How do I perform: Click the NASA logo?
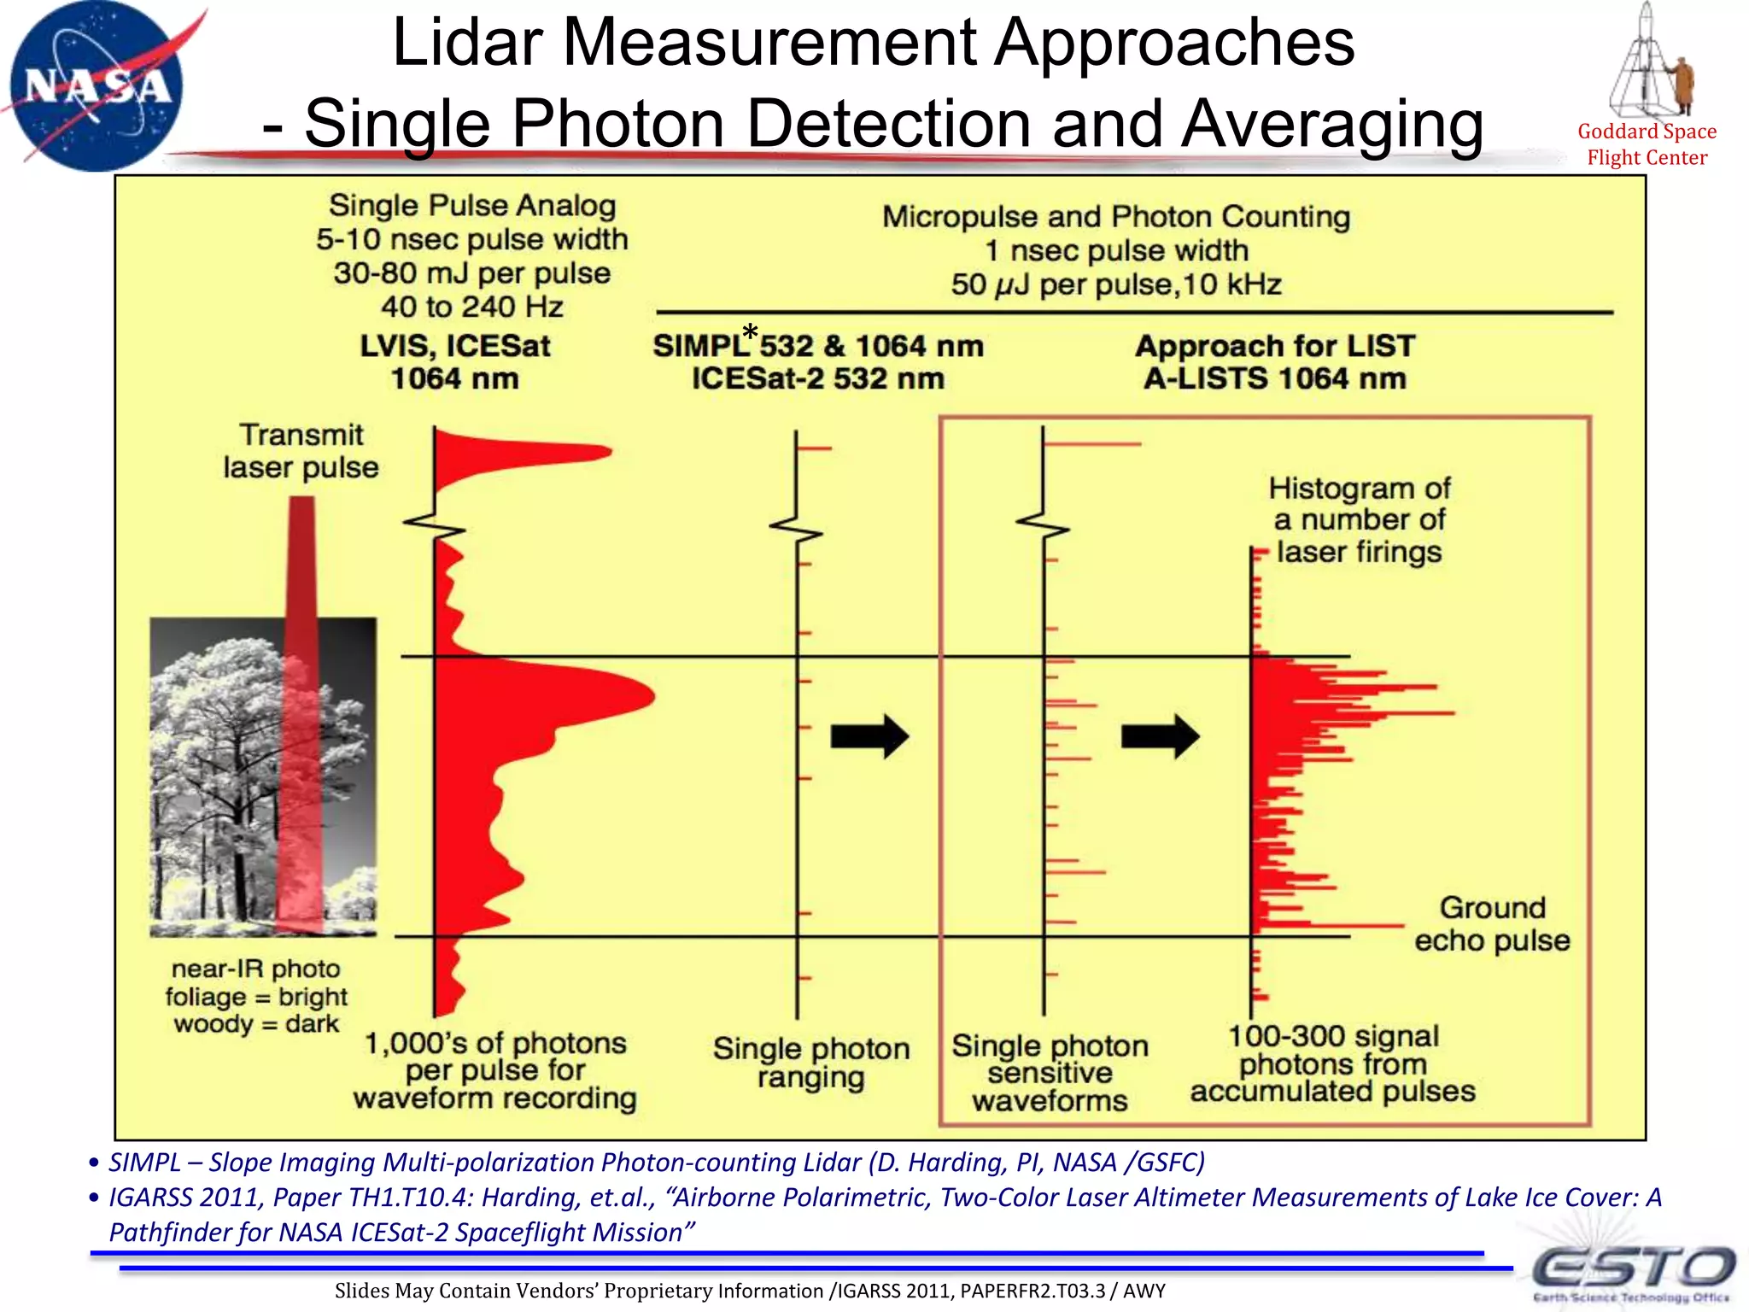(96, 85)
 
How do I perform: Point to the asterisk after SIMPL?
(750, 332)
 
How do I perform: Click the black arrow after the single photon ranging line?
(869, 735)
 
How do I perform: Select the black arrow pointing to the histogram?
(1159, 735)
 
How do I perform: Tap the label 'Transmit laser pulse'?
(301, 451)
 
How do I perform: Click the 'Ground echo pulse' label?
(1491, 923)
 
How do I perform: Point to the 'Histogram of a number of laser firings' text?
(1359, 520)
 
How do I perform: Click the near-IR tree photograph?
(263, 776)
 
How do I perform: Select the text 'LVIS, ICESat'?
(454, 346)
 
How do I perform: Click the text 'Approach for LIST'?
(1274, 346)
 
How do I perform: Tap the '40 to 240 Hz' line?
(472, 307)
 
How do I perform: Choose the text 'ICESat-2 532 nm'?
(817, 378)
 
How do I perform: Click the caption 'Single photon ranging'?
(810, 1063)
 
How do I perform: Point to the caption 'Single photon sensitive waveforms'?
(1050, 1073)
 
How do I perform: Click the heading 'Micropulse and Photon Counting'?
(1115, 217)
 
